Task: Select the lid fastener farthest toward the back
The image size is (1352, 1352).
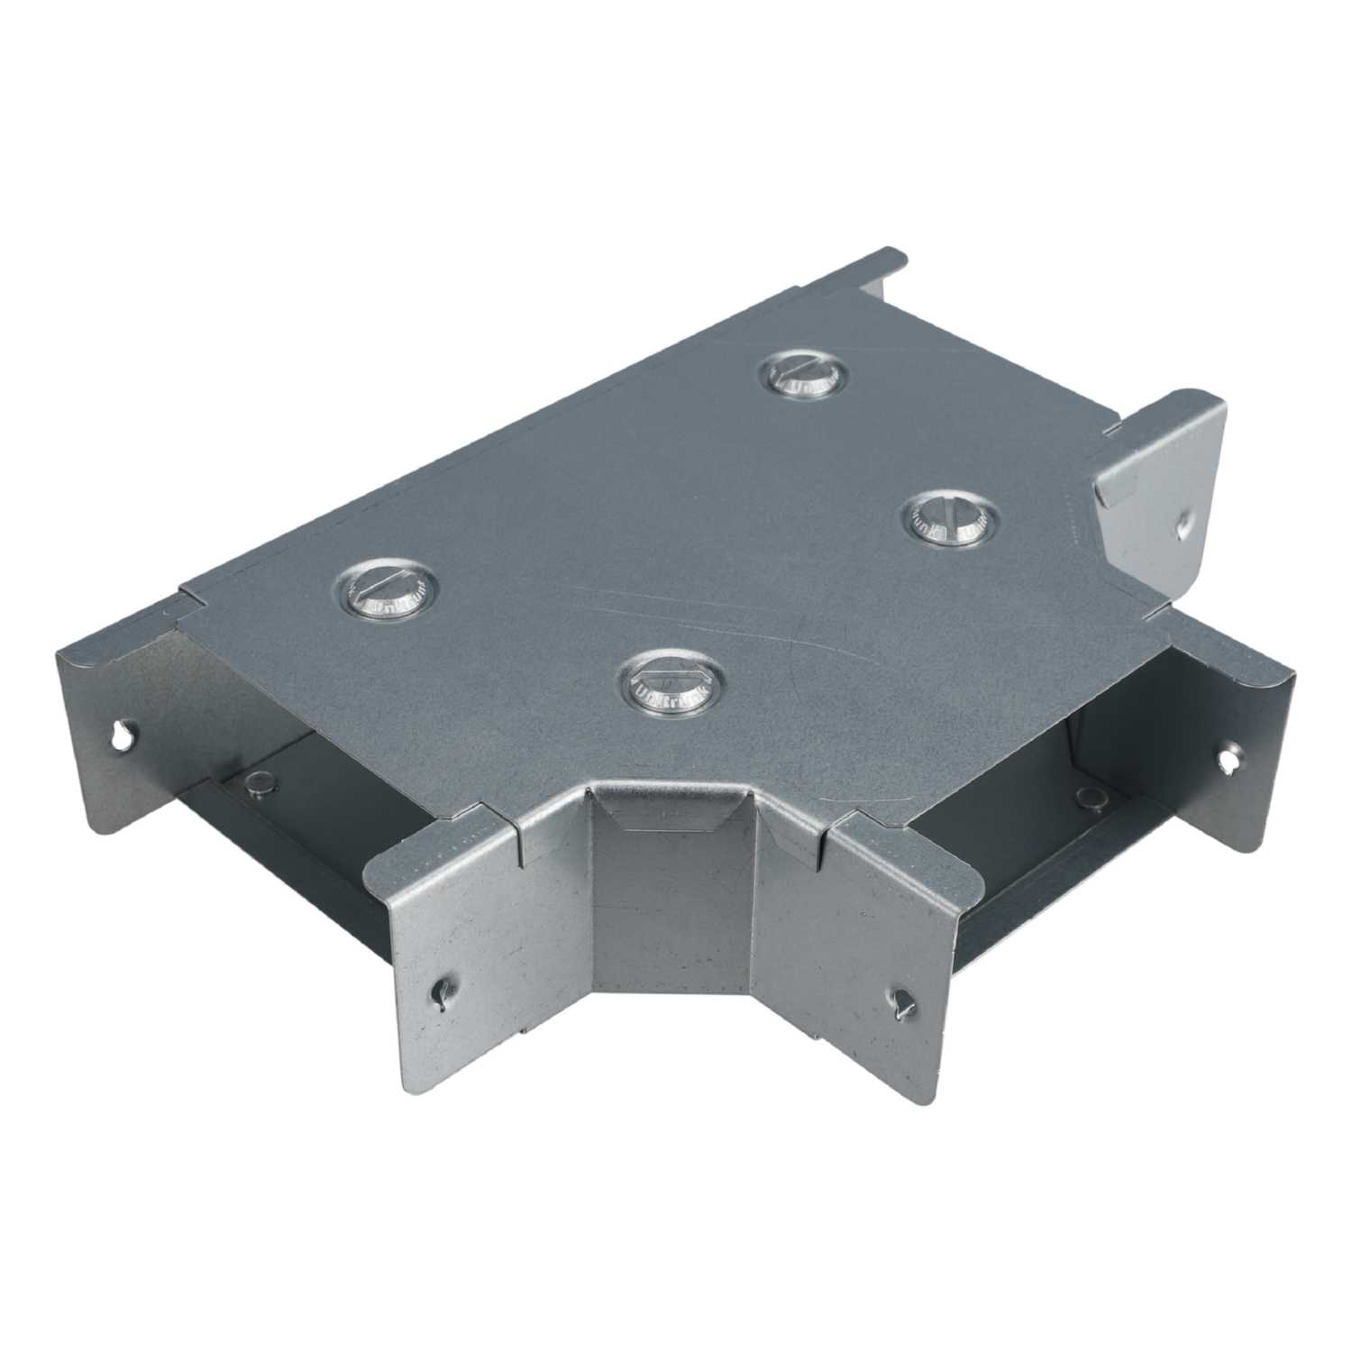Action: (804, 375)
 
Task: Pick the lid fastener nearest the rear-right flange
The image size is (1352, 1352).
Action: (950, 521)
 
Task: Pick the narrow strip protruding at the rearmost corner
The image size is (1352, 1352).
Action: (879, 270)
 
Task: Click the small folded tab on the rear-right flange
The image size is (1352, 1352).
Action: (1118, 488)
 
